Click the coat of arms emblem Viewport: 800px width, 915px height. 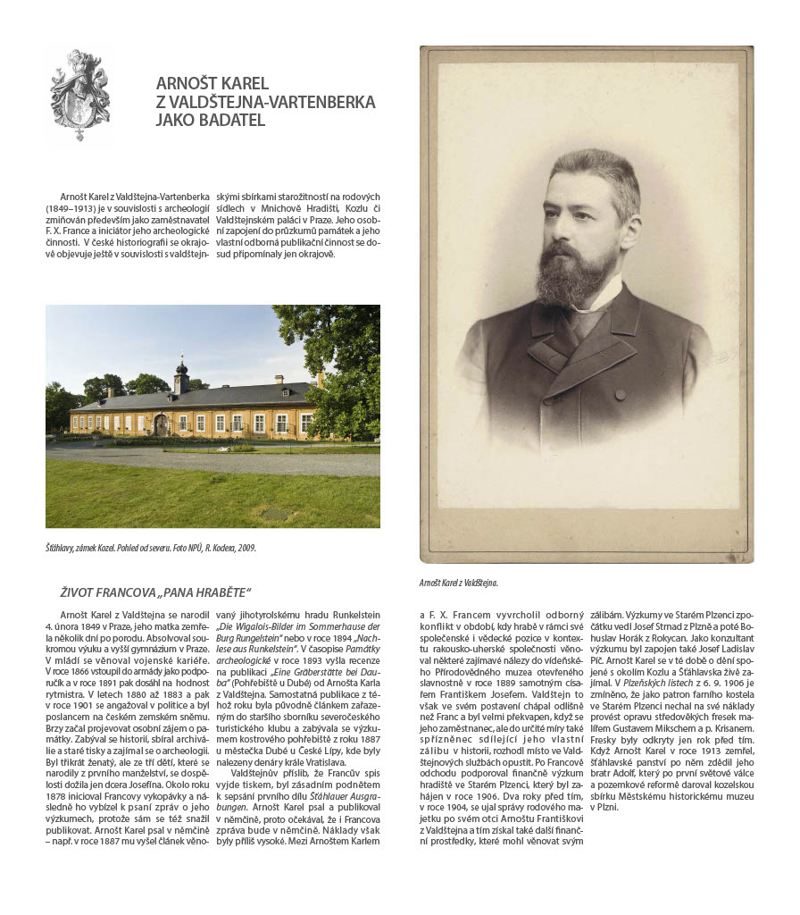(x=79, y=94)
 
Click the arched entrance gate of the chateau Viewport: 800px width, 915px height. (x=161, y=425)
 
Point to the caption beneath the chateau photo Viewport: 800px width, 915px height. (x=150, y=548)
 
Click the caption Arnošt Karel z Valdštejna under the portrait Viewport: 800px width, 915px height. (x=458, y=583)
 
